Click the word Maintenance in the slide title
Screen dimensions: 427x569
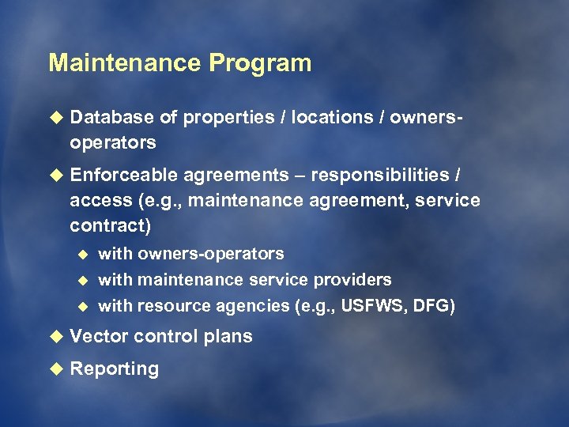(126, 63)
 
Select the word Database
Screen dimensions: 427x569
(111, 117)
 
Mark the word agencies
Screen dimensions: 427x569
(256, 306)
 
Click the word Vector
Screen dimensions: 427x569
(99, 336)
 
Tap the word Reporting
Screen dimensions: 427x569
(114, 368)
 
